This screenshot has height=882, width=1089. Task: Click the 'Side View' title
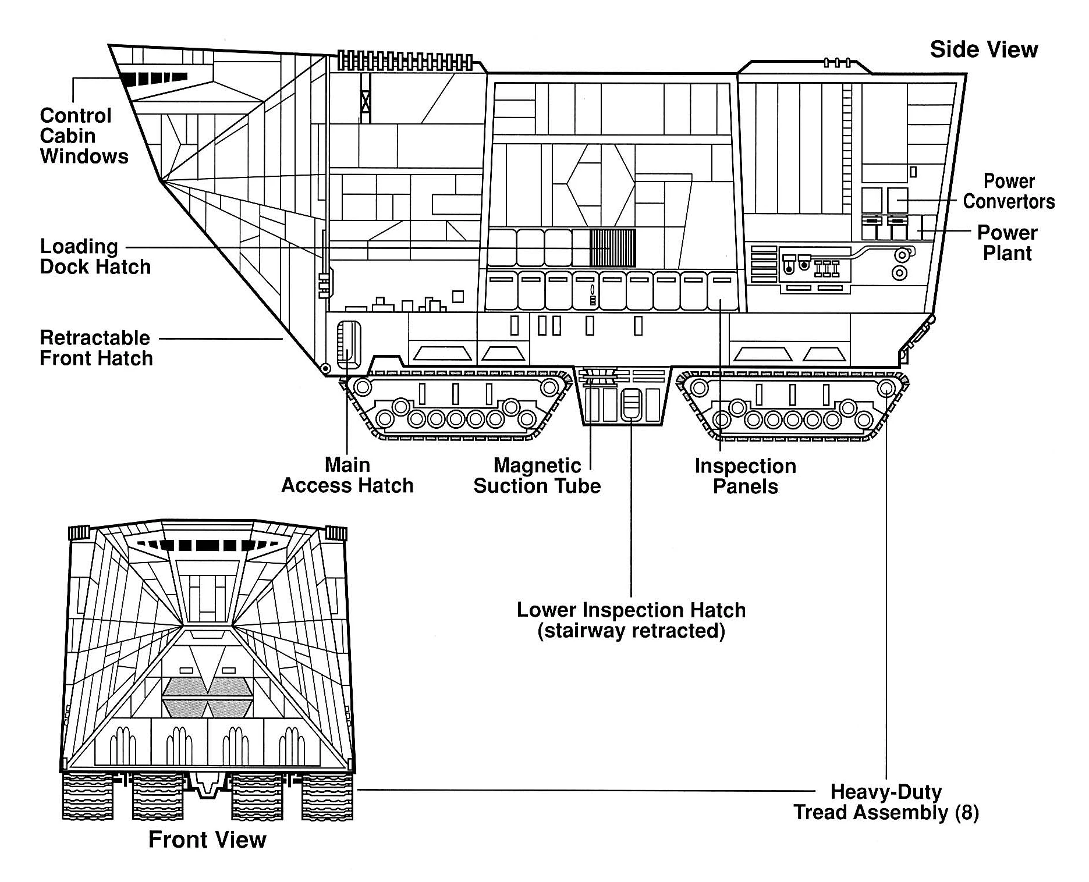[x=983, y=50]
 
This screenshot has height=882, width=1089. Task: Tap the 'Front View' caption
[x=207, y=840]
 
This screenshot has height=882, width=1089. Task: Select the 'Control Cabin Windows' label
[x=84, y=136]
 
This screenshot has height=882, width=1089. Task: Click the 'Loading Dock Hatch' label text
[x=95, y=257]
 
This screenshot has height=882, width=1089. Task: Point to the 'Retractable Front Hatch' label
[x=96, y=348]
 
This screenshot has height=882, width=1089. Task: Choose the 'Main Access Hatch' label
[x=347, y=475]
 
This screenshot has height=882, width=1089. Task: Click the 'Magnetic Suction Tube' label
[x=537, y=476]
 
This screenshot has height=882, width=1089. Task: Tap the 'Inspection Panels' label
[x=745, y=476]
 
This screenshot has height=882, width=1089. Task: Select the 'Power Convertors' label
[x=1008, y=191]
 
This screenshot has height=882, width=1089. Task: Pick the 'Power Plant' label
[x=1007, y=243]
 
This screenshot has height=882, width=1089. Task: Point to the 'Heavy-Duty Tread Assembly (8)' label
[x=886, y=802]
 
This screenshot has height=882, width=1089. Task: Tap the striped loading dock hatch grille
[x=612, y=248]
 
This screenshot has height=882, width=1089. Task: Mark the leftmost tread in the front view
[x=87, y=796]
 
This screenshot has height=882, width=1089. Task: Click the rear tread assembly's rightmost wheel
[x=885, y=387]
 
